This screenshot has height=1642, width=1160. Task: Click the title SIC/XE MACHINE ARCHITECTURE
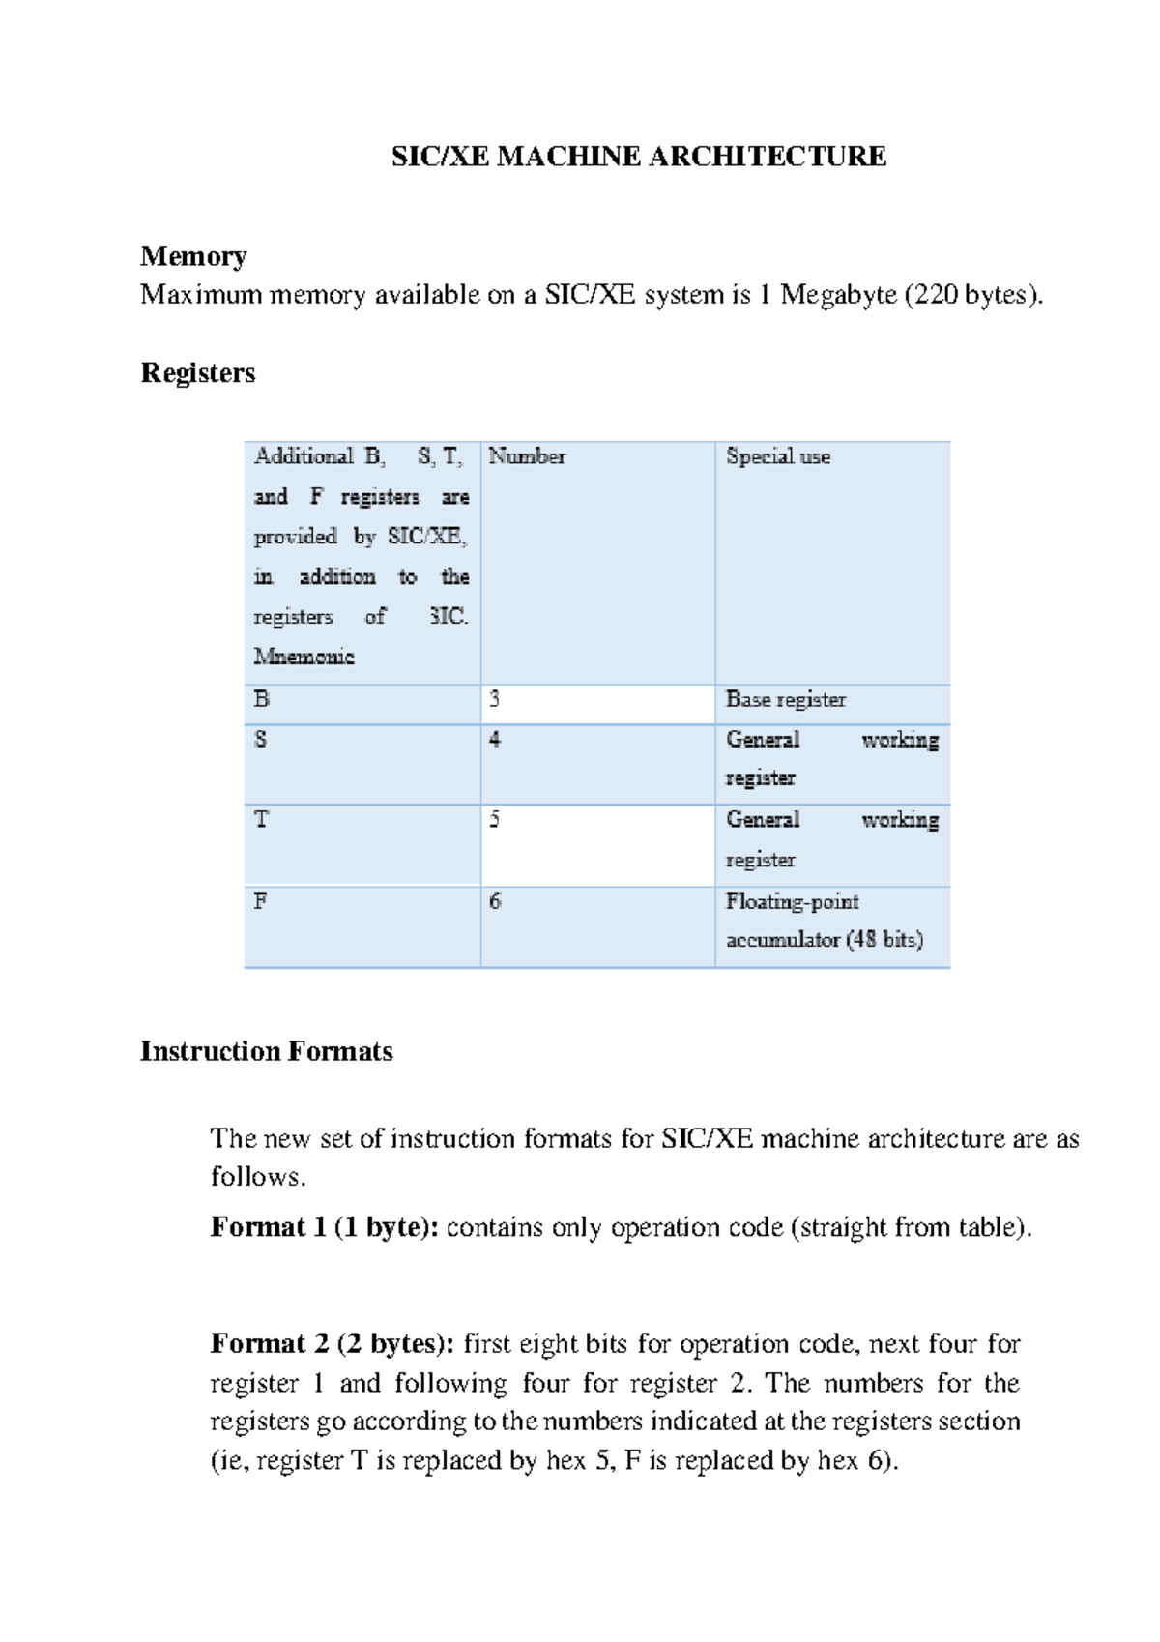point(638,157)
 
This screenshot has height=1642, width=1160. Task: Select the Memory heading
point(193,256)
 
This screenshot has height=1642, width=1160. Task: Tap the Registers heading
point(198,373)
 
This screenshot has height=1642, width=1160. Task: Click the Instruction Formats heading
point(267,1052)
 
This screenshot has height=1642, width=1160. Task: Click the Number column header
point(527,456)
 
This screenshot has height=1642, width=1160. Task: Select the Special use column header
point(778,456)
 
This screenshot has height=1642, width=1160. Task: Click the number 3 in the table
point(495,699)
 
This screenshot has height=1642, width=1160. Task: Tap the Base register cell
point(786,699)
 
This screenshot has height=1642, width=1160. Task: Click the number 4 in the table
point(495,740)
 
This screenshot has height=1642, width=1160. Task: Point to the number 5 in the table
point(495,820)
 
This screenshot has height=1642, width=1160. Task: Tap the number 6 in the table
point(495,901)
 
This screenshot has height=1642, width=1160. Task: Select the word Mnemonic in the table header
point(304,657)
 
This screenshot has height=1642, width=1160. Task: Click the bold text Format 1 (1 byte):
point(325,1228)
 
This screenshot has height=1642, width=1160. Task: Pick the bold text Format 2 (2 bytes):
point(333,1344)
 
